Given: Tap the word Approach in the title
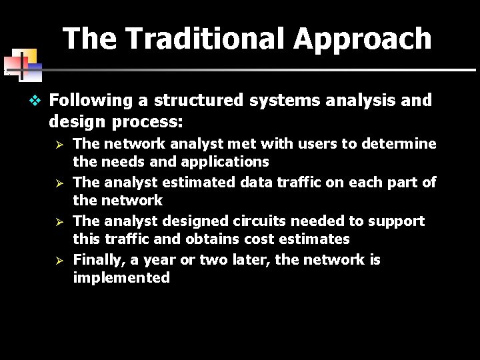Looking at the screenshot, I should pyautogui.click(x=363, y=39).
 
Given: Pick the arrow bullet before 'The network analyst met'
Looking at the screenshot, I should pyautogui.click(x=59, y=144).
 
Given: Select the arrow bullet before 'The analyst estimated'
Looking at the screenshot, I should pyautogui.click(x=59, y=183).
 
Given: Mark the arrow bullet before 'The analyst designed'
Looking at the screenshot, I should pyautogui.click(x=59, y=221).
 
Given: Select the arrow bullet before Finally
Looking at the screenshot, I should pyautogui.click(x=59, y=260).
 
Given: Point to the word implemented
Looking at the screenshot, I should pyautogui.click(x=121, y=278).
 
